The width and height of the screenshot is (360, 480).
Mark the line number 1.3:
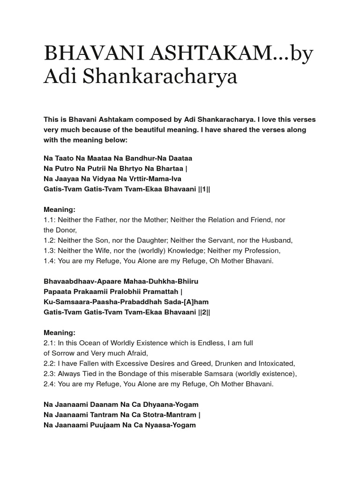(50, 250)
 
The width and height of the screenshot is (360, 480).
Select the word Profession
(262, 250)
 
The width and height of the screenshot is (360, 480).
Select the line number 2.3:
(50, 374)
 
